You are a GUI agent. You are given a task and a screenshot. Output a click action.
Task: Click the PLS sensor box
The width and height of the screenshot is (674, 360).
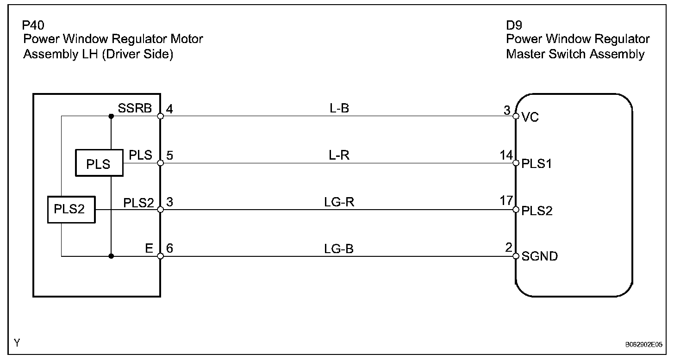tap(99, 163)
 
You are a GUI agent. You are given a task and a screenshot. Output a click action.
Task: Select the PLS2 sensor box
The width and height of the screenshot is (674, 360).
tap(71, 210)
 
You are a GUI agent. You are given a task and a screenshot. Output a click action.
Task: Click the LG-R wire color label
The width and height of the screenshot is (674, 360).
tap(339, 202)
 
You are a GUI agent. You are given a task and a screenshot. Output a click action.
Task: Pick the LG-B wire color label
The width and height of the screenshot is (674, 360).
tap(339, 249)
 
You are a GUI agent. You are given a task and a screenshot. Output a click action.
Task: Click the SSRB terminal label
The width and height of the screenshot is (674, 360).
tap(135, 109)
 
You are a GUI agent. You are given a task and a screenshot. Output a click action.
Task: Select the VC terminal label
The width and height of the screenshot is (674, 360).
tap(530, 118)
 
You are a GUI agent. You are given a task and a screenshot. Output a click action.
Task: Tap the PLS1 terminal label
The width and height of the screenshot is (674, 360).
tap(536, 164)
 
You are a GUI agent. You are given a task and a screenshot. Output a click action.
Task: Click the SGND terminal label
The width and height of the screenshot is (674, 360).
tap(539, 256)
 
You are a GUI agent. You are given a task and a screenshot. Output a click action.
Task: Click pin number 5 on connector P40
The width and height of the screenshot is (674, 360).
tap(169, 156)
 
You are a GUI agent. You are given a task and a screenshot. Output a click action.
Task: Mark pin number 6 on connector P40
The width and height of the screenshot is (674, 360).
tap(169, 249)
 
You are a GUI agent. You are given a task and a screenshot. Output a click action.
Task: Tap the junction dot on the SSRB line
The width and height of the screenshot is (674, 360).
tap(111, 116)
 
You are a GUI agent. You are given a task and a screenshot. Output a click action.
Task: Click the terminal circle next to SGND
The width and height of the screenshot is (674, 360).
tap(516, 256)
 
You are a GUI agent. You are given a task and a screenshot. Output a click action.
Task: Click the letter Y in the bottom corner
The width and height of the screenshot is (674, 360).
tap(17, 343)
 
